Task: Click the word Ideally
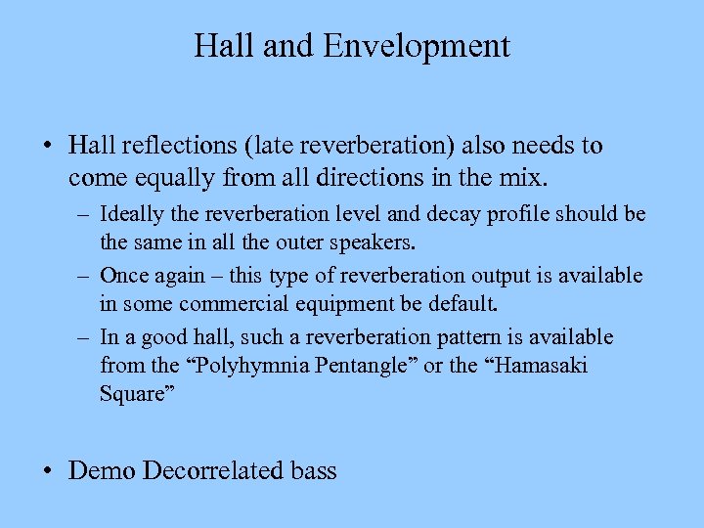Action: click(135, 214)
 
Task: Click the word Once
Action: click(124, 276)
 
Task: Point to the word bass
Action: click(314, 470)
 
